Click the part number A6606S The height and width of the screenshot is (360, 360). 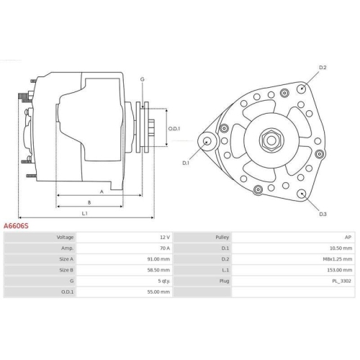pyautogui.click(x=16, y=225)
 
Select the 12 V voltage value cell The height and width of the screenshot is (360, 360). pyautogui.click(x=164, y=237)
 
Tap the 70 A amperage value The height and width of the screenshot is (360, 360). pyautogui.click(x=164, y=248)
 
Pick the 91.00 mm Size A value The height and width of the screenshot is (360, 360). pyautogui.click(x=158, y=259)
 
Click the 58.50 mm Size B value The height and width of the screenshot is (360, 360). pyautogui.click(x=158, y=270)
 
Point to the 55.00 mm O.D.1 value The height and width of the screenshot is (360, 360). pyautogui.click(x=158, y=292)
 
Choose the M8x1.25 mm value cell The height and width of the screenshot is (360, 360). pyautogui.click(x=338, y=259)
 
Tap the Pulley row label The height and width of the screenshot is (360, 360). pyautogui.click(x=222, y=237)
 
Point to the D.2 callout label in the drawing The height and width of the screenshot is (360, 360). pyautogui.click(x=323, y=68)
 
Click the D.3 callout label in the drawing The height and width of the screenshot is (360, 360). pyautogui.click(x=323, y=214)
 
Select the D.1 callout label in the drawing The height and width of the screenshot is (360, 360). pyautogui.click(x=185, y=163)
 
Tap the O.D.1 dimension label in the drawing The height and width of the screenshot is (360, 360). pyautogui.click(x=174, y=129)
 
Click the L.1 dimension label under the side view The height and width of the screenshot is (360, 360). pyautogui.click(x=84, y=212)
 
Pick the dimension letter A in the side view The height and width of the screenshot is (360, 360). pyautogui.click(x=102, y=192)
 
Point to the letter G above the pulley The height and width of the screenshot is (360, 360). pyautogui.click(x=143, y=78)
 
